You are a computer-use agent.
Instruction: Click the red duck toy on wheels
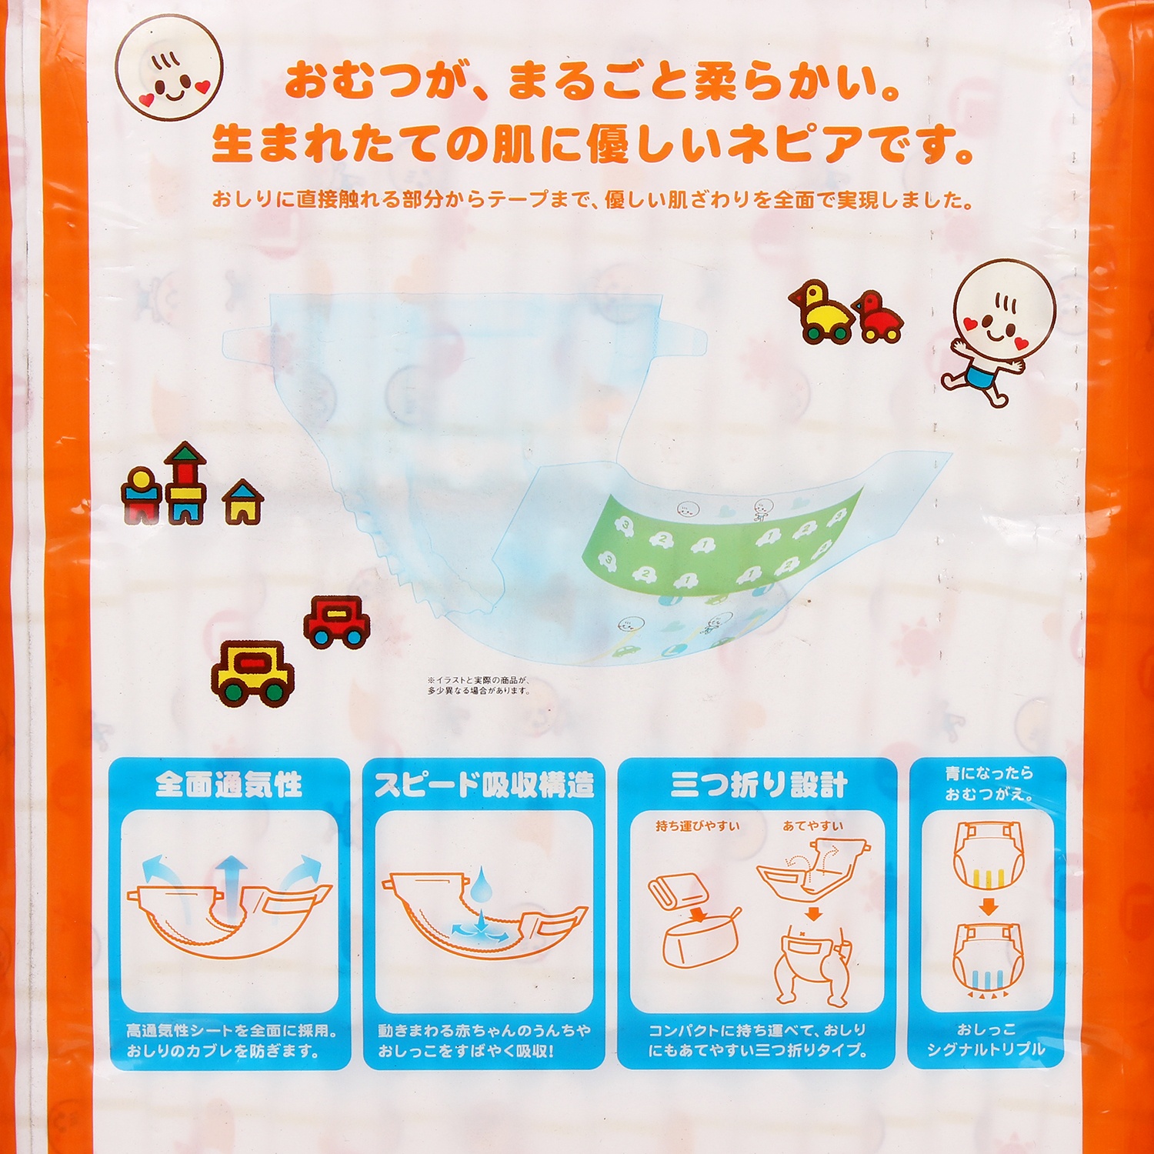pyautogui.click(x=878, y=316)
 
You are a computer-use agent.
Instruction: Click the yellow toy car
pyautogui.click(x=253, y=672)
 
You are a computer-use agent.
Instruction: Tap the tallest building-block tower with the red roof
pyautogui.click(x=185, y=483)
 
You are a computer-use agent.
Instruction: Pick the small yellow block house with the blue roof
pyautogui.click(x=243, y=502)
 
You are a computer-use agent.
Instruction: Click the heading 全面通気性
pyautogui.click(x=229, y=785)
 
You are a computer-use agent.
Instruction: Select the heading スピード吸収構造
pyautogui.click(x=485, y=785)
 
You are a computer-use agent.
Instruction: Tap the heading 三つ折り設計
pyautogui.click(x=759, y=785)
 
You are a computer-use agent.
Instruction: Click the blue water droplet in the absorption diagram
pyautogui.click(x=483, y=882)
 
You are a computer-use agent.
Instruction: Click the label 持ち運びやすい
pyautogui.click(x=698, y=826)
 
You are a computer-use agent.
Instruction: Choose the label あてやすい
pyautogui.click(x=813, y=826)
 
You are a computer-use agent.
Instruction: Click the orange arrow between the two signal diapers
pyautogui.click(x=989, y=906)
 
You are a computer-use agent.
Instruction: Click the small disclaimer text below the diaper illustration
pyautogui.click(x=479, y=685)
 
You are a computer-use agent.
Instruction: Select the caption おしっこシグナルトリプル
pyautogui.click(x=986, y=1039)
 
